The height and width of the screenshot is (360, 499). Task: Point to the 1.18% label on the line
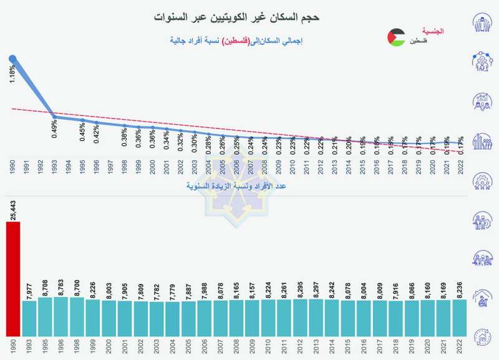12,75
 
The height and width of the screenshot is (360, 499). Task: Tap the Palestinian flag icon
395,37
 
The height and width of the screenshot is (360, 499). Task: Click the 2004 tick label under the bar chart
189,346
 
